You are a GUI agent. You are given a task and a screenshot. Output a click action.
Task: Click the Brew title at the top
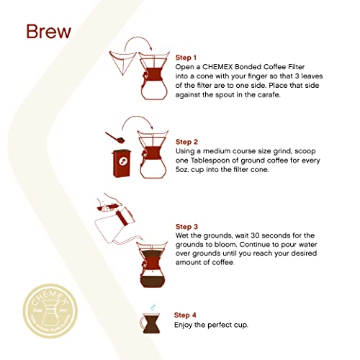[48, 33]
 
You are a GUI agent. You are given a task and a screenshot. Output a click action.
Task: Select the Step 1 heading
[189, 58]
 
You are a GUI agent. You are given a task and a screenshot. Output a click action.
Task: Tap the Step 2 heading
[189, 142]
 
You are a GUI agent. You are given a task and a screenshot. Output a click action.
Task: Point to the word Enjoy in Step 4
[184, 325]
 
